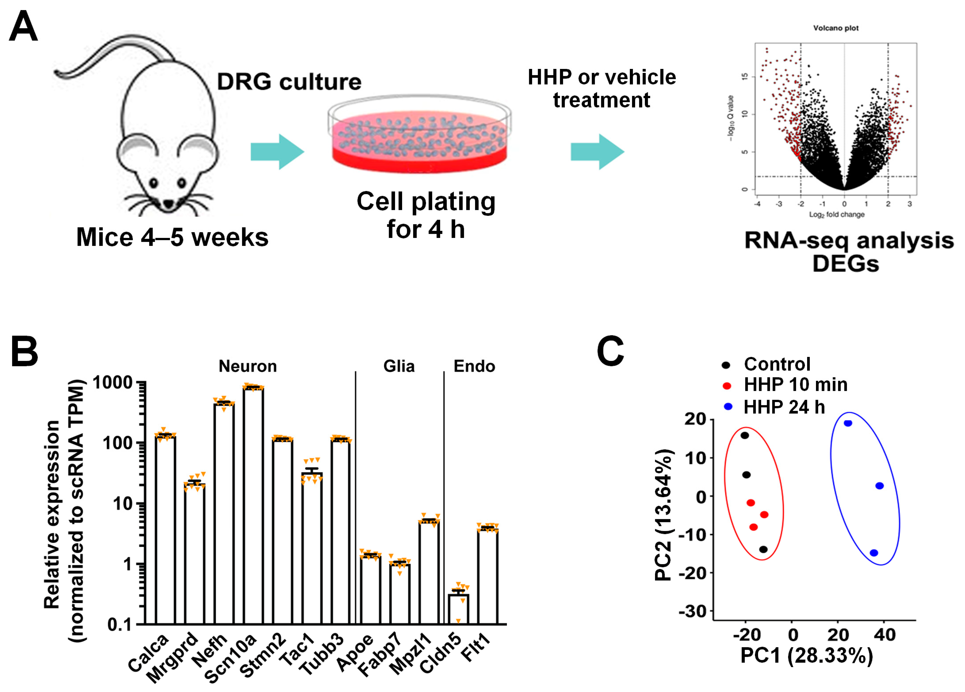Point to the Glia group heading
tap(399, 366)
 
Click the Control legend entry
tap(777, 364)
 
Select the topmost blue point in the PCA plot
tap(848, 423)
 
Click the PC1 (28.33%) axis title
tap(807, 656)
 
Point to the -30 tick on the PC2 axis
tap(692, 612)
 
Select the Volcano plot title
tap(836, 28)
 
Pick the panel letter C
tap(610, 351)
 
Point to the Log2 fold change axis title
tap(837, 215)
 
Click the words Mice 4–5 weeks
tap(172, 237)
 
